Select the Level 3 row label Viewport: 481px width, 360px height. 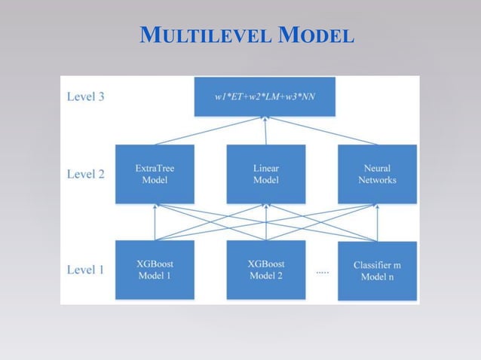click(x=86, y=97)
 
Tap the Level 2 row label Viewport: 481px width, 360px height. click(x=86, y=174)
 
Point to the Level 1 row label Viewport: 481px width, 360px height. click(x=86, y=269)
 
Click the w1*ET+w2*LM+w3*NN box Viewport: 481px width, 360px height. click(x=265, y=97)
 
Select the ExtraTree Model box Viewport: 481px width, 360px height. click(x=155, y=174)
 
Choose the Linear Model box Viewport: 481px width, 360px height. click(x=266, y=174)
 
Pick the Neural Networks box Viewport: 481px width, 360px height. click(x=377, y=174)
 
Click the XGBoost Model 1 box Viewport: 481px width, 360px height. click(x=155, y=269)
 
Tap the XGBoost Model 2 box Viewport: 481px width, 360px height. click(x=266, y=269)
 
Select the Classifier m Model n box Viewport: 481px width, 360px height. click(x=377, y=270)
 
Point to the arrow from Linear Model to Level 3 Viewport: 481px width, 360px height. click(x=266, y=131)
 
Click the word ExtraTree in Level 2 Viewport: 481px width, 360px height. click(x=155, y=169)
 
